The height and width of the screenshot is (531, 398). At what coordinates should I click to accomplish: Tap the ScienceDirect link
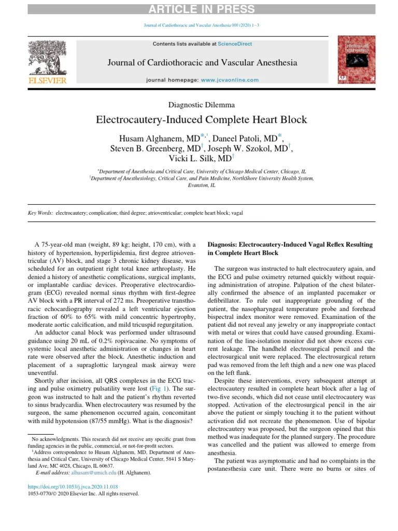[x=235, y=44]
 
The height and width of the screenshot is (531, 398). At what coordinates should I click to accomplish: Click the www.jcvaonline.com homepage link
[x=229, y=80]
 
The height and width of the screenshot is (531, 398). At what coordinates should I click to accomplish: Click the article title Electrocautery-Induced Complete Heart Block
[x=202, y=120]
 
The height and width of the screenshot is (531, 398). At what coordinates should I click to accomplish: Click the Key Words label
[x=40, y=213]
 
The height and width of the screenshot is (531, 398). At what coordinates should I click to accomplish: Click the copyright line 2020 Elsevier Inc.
[x=83, y=494]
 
